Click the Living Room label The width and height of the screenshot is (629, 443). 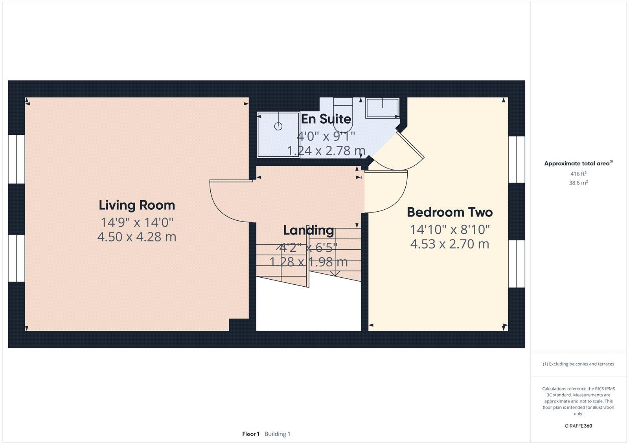(137, 205)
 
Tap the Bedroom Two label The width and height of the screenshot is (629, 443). (449, 212)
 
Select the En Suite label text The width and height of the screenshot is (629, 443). (326, 119)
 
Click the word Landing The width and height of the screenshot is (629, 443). (309, 230)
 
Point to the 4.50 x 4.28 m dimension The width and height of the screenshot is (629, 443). (137, 237)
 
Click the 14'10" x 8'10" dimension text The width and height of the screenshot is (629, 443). (450, 229)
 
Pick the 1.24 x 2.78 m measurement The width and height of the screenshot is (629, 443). (326, 150)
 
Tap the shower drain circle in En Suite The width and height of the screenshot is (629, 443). (278, 126)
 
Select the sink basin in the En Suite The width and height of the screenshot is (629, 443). (383, 108)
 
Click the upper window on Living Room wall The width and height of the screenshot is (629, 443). (17, 159)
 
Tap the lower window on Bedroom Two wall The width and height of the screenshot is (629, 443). (517, 264)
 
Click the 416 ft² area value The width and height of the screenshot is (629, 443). (578, 174)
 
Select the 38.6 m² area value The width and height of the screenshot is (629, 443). (578, 183)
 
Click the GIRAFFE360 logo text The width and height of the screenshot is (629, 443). (578, 426)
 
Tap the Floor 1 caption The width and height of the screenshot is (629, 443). (251, 434)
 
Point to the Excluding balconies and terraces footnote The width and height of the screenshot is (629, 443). (578, 364)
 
